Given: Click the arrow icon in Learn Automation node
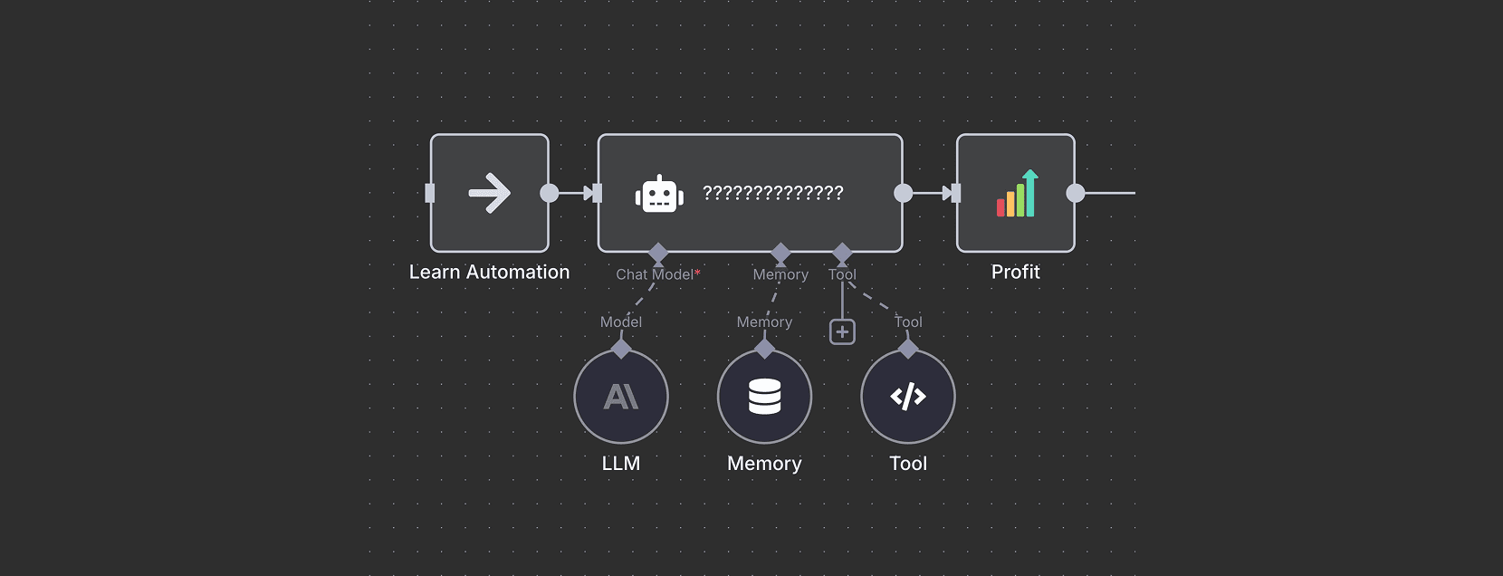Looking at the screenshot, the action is [x=489, y=193].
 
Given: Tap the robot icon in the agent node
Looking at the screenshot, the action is [x=659, y=194].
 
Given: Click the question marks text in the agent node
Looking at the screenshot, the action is [x=773, y=193].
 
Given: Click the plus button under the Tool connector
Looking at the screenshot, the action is [x=842, y=331].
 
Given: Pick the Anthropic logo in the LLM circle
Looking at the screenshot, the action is [x=620, y=397].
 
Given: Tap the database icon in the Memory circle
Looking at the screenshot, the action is [x=765, y=397].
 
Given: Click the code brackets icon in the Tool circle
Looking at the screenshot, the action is [x=908, y=397].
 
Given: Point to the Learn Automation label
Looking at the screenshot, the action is [x=489, y=272].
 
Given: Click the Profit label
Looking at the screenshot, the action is [x=1015, y=272].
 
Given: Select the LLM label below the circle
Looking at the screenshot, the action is [x=620, y=463].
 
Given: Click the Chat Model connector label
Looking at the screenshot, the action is [x=655, y=274].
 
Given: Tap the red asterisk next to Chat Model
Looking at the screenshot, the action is [x=697, y=273].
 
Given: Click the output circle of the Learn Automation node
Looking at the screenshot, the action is [x=550, y=193].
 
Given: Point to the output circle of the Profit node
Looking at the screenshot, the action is [x=1076, y=193].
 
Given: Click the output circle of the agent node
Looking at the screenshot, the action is [x=903, y=193].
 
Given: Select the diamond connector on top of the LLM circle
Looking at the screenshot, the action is [x=621, y=349].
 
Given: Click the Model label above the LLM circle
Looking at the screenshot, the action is [x=620, y=322].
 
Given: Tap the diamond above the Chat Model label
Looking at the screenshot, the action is [x=658, y=253].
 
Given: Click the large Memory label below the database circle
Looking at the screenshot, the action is [x=764, y=464].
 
